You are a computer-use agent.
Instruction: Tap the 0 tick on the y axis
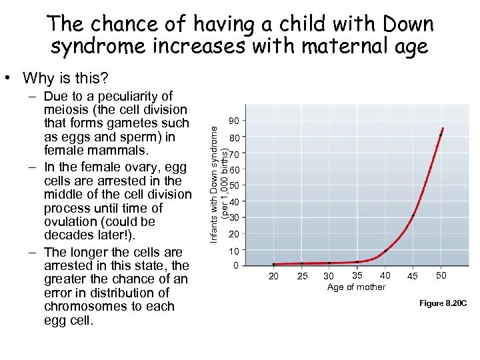(235, 266)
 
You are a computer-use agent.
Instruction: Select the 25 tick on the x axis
(302, 277)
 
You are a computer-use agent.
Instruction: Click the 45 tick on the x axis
(413, 277)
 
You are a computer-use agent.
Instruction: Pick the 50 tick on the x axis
(441, 276)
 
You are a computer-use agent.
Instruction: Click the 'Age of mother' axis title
(356, 287)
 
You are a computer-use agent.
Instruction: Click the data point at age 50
(441, 135)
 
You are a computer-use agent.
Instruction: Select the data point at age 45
(413, 215)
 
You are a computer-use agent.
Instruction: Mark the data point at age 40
(385, 251)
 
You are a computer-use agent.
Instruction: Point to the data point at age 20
(273, 264)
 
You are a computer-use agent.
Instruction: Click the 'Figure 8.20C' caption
(443, 304)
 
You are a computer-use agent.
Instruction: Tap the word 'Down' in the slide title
(407, 25)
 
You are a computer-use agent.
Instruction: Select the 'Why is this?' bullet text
(65, 78)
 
